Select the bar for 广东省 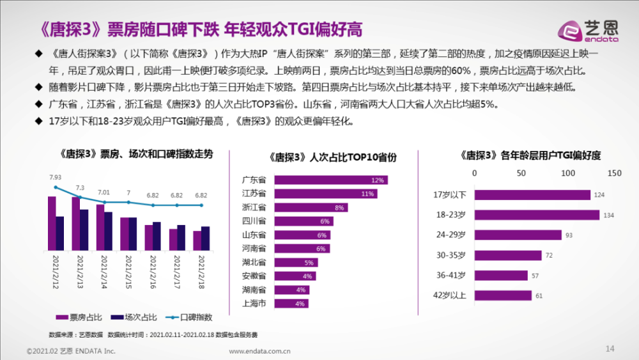pos(330,180)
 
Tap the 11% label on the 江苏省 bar pos(367,193)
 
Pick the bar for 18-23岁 pos(536,215)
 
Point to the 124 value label pos(599,195)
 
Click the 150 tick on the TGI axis pos(614,173)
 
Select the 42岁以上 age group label pos(450,295)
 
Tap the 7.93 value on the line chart pos(55,177)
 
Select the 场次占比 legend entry pos(134,317)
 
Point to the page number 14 pos(609,348)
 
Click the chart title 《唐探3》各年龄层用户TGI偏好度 pos(530,155)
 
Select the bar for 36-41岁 pos(501,276)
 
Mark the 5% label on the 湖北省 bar pos(309,262)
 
